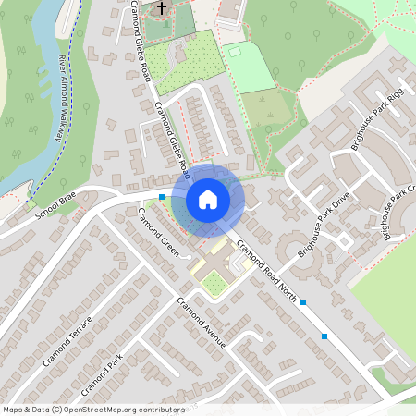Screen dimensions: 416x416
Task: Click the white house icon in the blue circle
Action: (x=207, y=199)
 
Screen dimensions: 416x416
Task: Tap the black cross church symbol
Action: (x=162, y=9)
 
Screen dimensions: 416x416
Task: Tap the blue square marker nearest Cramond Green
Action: (x=162, y=197)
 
